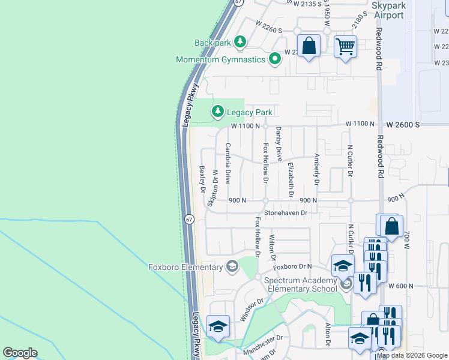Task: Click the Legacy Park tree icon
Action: pos(217,112)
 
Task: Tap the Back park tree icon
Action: pos(240,42)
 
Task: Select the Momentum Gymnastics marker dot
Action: pos(275,59)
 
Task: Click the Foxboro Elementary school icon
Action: pos(232,267)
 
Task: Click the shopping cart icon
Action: pos(345,46)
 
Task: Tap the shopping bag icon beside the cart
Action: pos(309,46)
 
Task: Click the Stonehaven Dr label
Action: pos(286,213)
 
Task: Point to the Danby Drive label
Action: pos(279,144)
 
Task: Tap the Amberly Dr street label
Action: pos(316,170)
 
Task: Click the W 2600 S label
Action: pos(403,124)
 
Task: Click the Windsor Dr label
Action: pos(252,310)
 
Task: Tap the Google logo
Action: pos(20,353)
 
